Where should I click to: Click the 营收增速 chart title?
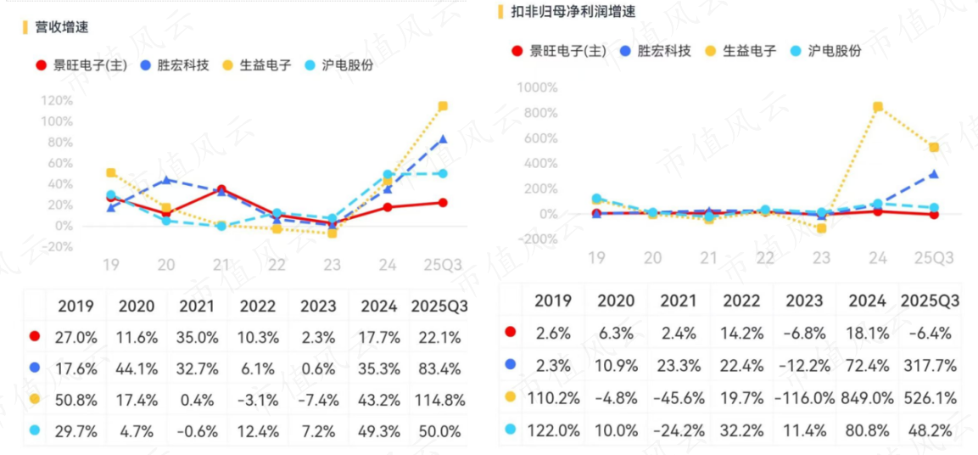tap(61, 27)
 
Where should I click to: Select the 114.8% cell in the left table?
tap(439, 399)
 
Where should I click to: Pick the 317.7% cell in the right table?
tap(929, 366)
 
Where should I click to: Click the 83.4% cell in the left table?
tap(439, 368)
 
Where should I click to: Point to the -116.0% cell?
tap(803, 397)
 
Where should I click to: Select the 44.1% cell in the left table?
tap(137, 368)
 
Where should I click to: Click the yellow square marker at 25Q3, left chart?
tap(443, 106)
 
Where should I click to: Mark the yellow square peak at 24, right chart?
tap(878, 107)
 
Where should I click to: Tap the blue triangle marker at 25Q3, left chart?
tap(443, 139)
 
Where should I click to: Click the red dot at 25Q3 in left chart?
tap(443, 202)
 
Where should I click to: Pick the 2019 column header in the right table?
tap(552, 301)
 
